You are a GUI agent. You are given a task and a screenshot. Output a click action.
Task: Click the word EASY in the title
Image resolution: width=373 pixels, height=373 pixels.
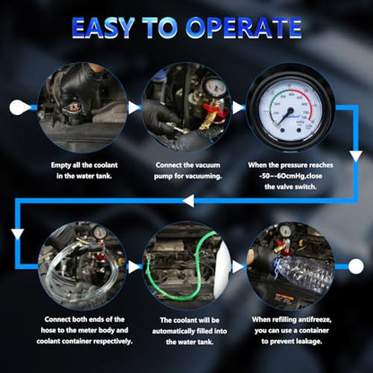103,27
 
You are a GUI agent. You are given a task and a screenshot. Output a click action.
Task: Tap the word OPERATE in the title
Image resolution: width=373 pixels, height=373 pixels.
243,27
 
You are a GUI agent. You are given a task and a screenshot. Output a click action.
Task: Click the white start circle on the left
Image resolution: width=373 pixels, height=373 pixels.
18,108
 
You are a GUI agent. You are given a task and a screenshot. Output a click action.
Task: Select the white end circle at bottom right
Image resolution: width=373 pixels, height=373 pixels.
356,266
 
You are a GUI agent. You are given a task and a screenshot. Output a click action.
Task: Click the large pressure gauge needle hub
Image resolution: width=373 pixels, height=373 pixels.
290,111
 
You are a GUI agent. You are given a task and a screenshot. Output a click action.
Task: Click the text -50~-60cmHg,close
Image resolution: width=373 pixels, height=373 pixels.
291,176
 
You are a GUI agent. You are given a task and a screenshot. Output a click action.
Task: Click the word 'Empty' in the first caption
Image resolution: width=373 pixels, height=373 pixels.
60,165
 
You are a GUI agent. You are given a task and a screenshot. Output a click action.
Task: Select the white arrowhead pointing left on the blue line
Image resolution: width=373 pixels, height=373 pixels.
188,201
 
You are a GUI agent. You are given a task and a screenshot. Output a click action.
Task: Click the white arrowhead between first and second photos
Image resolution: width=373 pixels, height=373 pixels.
134,108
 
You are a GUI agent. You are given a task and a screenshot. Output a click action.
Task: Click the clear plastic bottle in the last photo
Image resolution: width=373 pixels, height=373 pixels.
302,272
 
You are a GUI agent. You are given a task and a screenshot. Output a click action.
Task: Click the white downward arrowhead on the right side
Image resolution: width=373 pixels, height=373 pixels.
356,156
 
